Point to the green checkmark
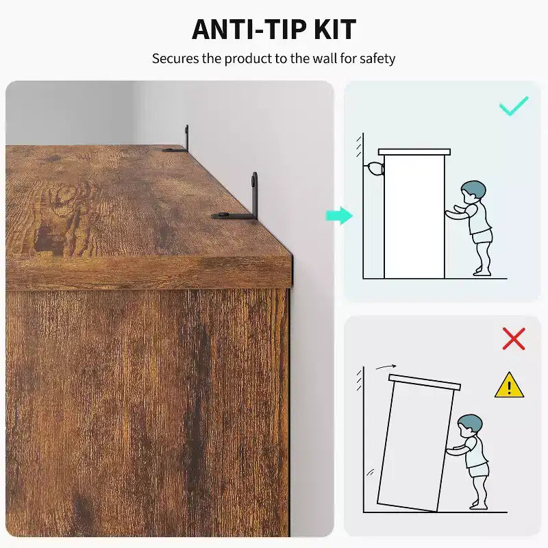(513, 105)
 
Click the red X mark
(514, 338)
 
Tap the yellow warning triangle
(509, 385)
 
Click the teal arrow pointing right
(339, 216)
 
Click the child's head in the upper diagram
(473, 192)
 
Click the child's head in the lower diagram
(470, 425)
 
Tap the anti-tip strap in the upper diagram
(374, 169)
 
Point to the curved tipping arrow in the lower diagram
(386, 366)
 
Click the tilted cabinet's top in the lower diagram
(425, 382)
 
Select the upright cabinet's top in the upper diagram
(414, 152)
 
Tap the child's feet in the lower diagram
(478, 506)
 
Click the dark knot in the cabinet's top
(49, 238)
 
